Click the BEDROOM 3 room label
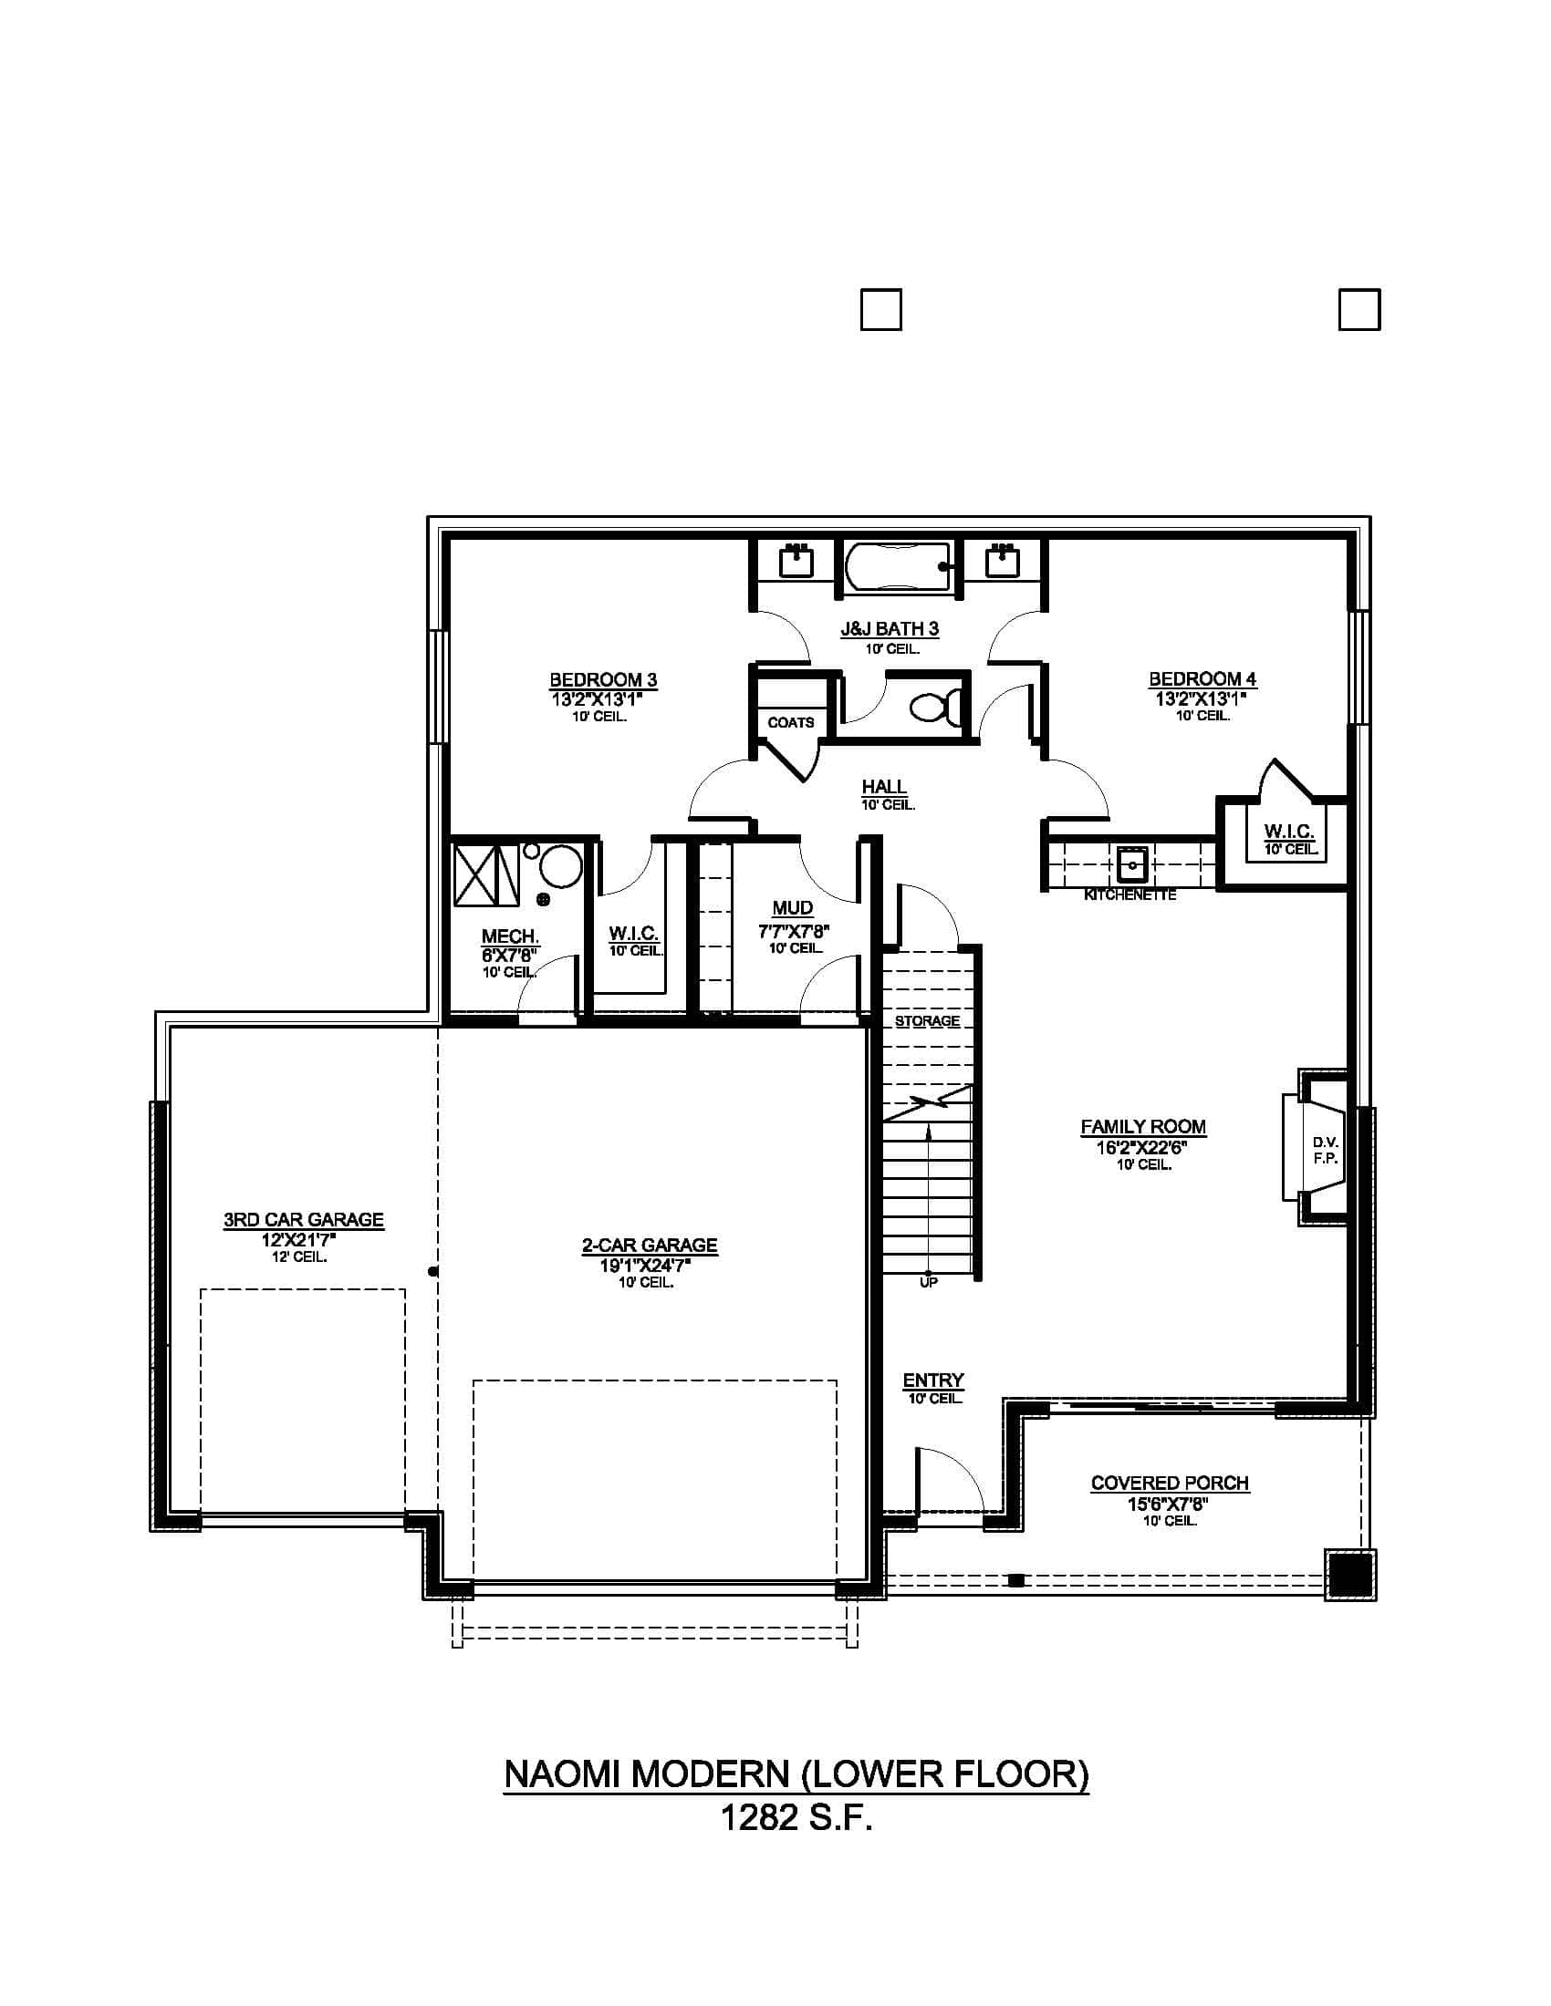click(x=603, y=680)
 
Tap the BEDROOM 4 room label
click(x=1202, y=679)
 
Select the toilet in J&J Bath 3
click(x=936, y=707)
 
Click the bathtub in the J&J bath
click(x=898, y=567)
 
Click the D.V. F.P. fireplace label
click(x=1325, y=1150)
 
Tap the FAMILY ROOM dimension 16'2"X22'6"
click(x=1143, y=1146)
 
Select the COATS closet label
click(x=791, y=723)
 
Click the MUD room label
click(x=792, y=908)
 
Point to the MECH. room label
click(x=510, y=936)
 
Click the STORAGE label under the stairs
click(x=927, y=1021)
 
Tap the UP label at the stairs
click(x=929, y=1282)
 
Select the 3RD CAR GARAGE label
click(x=303, y=1220)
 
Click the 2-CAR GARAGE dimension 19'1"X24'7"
click(x=646, y=1265)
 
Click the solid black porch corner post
click(x=1349, y=1576)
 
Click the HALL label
click(x=884, y=787)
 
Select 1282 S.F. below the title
click(x=796, y=1817)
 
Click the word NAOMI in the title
click(x=557, y=1773)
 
